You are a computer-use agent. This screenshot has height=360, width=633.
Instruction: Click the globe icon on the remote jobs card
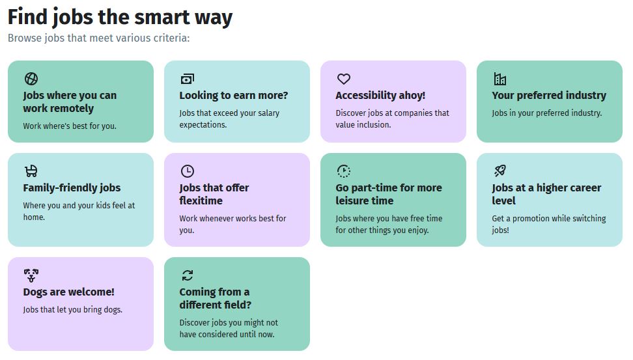tap(31, 79)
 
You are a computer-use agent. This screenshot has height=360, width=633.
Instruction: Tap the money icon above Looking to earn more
tap(188, 79)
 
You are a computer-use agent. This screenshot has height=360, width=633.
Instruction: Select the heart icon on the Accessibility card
tap(344, 79)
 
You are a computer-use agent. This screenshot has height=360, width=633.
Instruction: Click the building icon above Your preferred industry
tap(499, 79)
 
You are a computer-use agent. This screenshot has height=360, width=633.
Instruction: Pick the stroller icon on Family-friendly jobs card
tap(31, 171)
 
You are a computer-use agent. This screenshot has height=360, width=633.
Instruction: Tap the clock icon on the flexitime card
tap(188, 171)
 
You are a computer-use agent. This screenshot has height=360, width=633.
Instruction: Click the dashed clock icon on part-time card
tap(344, 171)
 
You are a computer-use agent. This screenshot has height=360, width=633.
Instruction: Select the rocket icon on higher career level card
tap(499, 171)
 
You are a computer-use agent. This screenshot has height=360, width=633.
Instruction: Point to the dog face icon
tap(31, 275)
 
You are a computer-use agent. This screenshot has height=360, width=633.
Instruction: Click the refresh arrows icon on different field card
tap(188, 275)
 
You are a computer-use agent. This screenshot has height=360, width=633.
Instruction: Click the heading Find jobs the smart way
tap(120, 18)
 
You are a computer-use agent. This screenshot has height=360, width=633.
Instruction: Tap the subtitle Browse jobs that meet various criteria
tap(98, 38)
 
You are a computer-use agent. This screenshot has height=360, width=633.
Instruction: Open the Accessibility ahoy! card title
tap(380, 95)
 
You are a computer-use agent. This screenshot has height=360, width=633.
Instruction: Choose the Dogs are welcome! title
tap(68, 292)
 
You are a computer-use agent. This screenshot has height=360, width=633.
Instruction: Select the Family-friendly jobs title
tap(72, 187)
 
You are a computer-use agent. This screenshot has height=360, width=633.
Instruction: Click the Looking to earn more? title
tap(234, 95)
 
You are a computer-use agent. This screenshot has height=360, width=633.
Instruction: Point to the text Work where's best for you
tap(70, 126)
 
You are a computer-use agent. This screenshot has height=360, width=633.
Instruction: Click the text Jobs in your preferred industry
tap(546, 113)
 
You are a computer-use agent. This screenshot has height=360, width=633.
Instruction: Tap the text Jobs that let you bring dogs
tap(73, 310)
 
